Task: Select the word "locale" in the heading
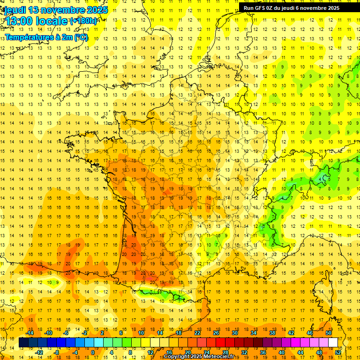coord(52,21)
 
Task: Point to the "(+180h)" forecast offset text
coord(83,21)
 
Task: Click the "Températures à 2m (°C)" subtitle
coord(46,37)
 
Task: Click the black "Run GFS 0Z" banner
coord(295,8)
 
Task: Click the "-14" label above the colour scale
coord(30,333)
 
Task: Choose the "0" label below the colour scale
coord(93,352)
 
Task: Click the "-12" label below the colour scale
coord(39,352)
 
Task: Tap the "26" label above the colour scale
coord(216,333)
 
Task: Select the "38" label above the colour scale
coord(272,333)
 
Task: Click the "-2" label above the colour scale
coord(85,333)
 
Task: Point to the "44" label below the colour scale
coord(300,352)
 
